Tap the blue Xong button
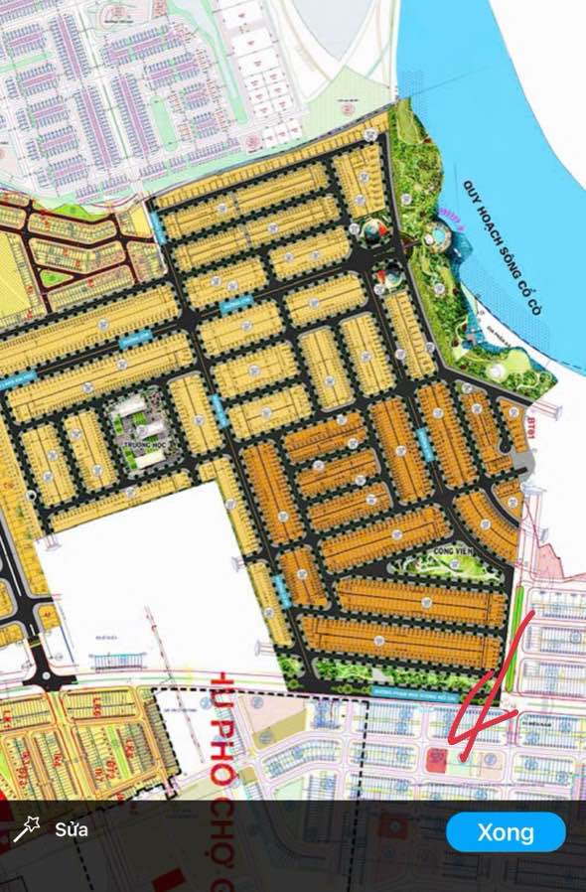pos(506,832)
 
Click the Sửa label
pos(71,829)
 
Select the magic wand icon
pos(26,830)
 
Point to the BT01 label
pos(537,406)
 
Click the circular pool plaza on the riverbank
pos(437,238)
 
